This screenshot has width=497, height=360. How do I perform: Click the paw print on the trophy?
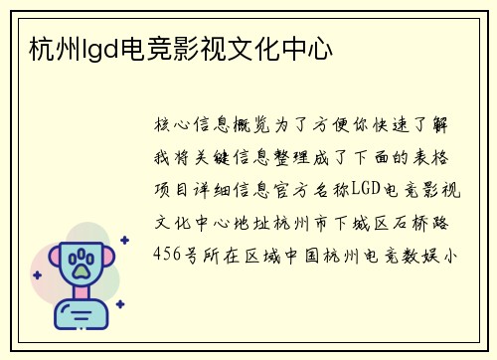coord(81,263)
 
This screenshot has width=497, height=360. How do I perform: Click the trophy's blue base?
coord(81,317)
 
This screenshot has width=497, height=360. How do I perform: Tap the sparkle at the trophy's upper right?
coord(124,240)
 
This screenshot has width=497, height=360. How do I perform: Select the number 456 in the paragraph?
coord(167,254)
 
